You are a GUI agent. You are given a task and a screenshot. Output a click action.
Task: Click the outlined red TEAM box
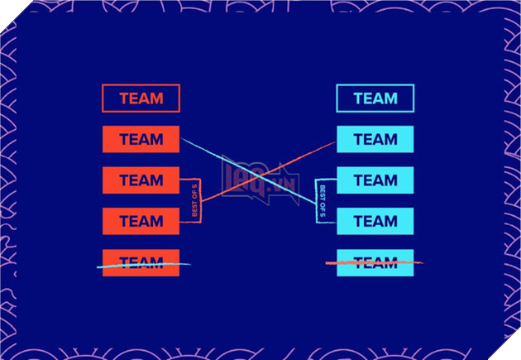141,98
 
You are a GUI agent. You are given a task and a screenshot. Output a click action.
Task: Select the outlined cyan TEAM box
375,98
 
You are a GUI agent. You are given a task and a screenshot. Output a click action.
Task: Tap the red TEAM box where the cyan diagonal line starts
141,139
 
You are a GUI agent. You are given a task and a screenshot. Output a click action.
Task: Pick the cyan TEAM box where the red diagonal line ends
375,139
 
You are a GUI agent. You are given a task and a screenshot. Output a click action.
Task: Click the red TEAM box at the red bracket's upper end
141,180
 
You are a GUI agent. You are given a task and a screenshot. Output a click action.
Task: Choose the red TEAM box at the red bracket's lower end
141,221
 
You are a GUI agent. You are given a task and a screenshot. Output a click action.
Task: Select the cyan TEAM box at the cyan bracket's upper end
375,180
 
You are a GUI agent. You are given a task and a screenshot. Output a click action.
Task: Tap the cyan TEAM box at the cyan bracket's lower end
375,221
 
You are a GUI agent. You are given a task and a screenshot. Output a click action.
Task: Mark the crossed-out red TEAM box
141,262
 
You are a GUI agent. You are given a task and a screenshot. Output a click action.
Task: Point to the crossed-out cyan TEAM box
375,262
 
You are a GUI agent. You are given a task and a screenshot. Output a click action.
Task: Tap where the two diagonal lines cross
258,176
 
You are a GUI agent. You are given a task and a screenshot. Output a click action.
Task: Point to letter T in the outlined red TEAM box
124,98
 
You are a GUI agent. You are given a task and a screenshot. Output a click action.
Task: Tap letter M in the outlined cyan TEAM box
390,98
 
